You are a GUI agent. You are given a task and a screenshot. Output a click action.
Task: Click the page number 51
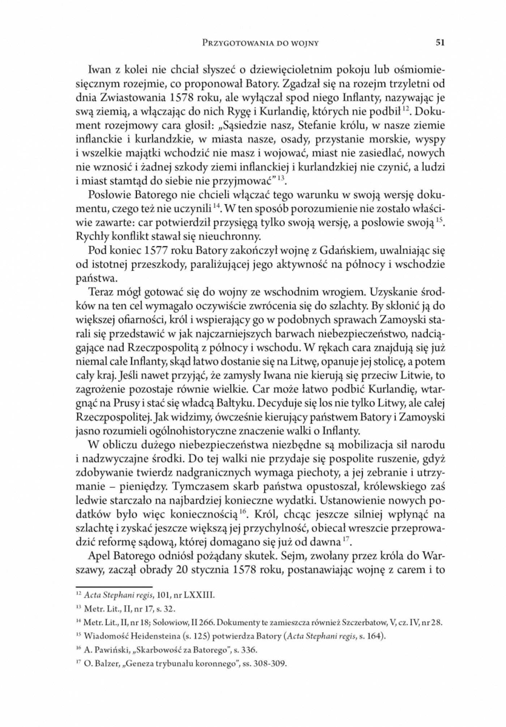[440, 43]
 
